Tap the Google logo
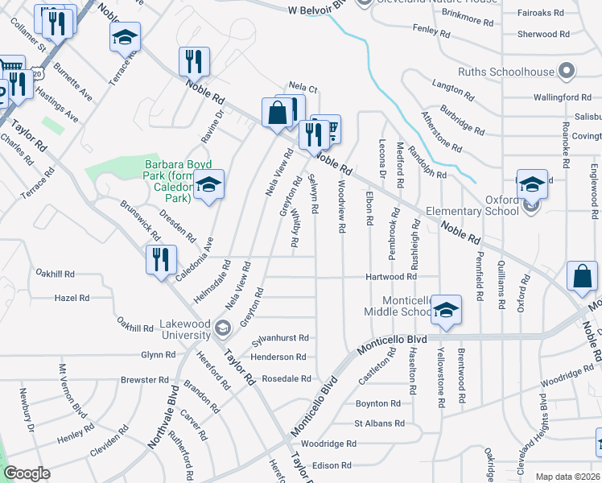[27, 473]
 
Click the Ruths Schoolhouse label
[506, 71]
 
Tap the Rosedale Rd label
[287, 378]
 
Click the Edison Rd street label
[332, 465]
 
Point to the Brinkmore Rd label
[464, 15]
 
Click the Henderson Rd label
[278, 357]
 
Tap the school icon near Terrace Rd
[125, 37]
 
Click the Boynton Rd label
[377, 403]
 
